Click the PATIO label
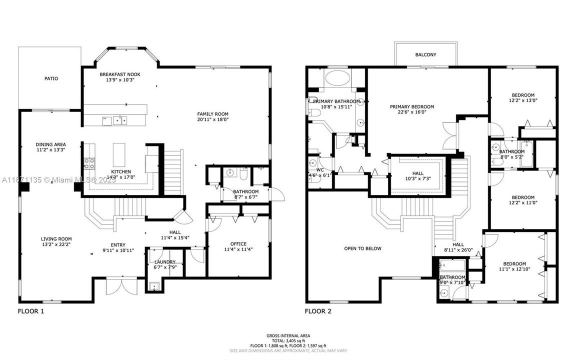point(51,78)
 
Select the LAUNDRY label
point(164,262)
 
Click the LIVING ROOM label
point(56,239)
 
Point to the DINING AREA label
point(50,144)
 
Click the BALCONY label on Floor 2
point(425,55)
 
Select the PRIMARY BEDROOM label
point(412,106)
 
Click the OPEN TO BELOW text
point(362,248)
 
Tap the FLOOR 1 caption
point(31,311)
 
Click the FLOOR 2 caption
point(318,311)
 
